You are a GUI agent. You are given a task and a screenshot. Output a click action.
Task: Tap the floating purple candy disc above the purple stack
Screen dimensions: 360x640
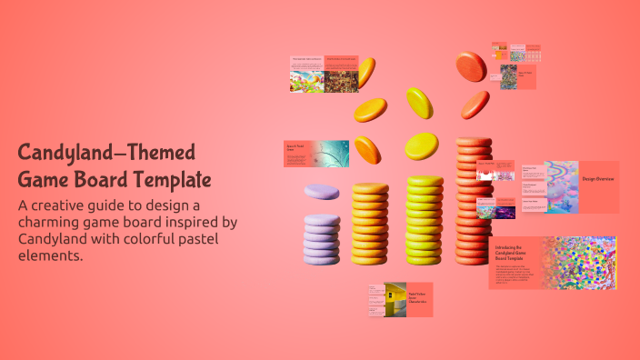(321, 192)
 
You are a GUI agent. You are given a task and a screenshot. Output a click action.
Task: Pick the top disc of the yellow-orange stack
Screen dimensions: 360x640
(370, 189)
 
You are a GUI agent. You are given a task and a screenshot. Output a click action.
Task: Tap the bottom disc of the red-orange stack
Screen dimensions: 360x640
(474, 255)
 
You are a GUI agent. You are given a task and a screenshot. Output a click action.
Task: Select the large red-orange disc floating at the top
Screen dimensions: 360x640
(470, 65)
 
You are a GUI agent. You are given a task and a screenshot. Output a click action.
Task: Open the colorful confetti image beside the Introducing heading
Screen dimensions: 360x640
(578, 263)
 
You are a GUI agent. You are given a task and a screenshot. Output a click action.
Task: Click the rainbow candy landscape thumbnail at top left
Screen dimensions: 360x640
(306, 81)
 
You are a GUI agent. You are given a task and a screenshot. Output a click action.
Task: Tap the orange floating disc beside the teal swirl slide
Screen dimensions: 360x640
(367, 149)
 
